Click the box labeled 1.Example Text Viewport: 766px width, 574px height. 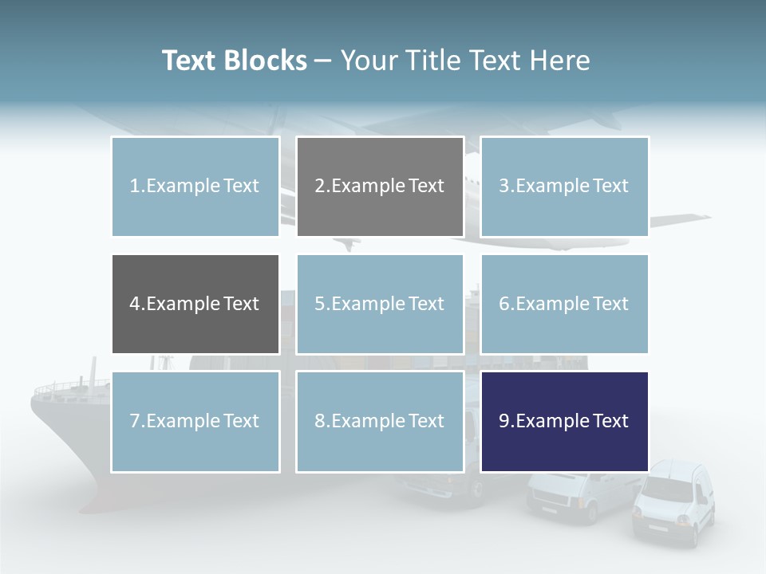pos(195,187)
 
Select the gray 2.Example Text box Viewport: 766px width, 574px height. pos(380,187)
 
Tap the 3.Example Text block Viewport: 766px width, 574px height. pos(564,187)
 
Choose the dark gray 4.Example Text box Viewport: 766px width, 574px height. pos(195,304)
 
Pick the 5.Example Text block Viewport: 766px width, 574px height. pos(380,304)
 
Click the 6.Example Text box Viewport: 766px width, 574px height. pos(564,304)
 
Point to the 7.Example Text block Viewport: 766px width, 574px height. pos(195,421)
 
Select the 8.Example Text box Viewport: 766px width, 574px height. pos(380,421)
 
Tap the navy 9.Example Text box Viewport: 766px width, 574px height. pos(564,421)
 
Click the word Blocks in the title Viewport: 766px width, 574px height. pos(266,61)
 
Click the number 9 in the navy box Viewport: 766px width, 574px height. pos(504,421)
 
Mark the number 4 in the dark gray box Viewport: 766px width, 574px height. pos(135,304)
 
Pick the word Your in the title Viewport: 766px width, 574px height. pos(368,61)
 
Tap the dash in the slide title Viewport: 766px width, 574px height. pos(323,61)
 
